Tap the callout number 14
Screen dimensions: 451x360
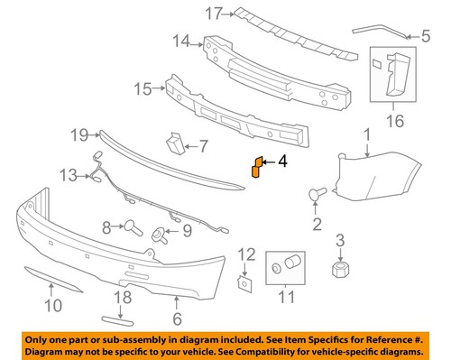tap(182, 41)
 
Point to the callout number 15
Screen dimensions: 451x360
tap(143, 88)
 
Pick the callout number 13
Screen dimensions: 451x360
tap(69, 173)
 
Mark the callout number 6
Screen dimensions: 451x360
tap(178, 318)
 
